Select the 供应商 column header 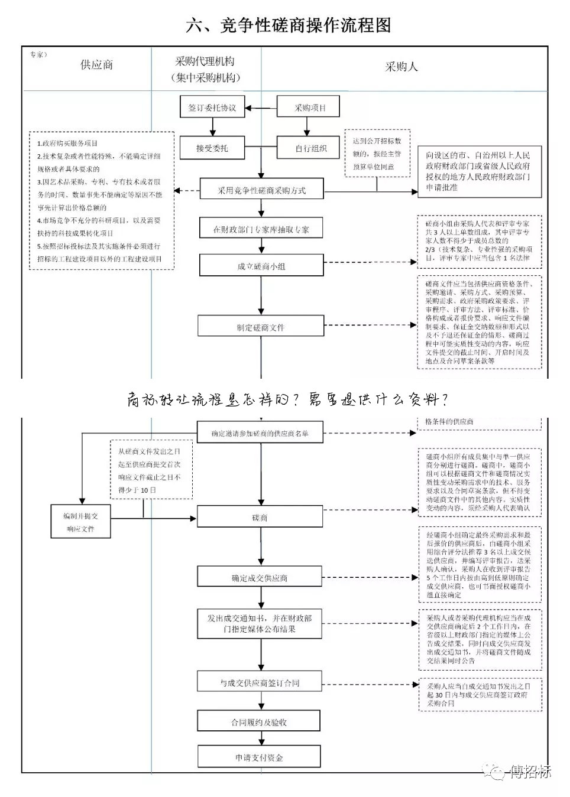tap(96, 65)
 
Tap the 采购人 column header tap(401, 67)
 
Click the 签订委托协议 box tap(212, 108)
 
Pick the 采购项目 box tap(310, 108)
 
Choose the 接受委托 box tap(212, 148)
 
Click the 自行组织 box tap(310, 148)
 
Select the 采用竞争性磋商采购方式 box tap(261, 190)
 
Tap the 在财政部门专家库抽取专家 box tap(261, 229)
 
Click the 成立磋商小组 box tap(261, 266)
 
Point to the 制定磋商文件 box tap(261, 327)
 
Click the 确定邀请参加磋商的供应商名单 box tap(260, 433)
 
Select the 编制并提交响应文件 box tap(80, 522)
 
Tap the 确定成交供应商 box tap(260, 578)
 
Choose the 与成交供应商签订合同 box tap(260, 682)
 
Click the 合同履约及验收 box tap(259, 722)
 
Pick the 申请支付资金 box tap(259, 757)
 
